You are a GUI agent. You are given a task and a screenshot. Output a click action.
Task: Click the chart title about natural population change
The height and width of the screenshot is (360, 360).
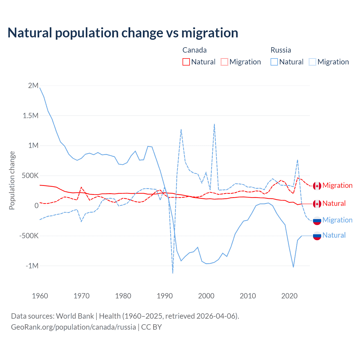coord(123,33)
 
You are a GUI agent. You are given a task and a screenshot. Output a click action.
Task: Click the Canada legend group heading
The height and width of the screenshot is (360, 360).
coord(194,50)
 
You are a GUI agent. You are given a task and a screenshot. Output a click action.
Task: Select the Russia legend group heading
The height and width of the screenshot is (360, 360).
coord(281,50)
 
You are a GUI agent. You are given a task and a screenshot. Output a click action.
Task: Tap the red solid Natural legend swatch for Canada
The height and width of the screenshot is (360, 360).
coord(186,62)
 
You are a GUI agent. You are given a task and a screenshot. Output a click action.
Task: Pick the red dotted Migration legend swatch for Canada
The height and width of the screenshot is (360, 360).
coord(224,62)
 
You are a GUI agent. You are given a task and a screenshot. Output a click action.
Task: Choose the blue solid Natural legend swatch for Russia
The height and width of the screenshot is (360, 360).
coord(274,62)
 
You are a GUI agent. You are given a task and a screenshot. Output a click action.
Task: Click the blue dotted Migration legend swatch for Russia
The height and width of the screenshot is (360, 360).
coord(312,62)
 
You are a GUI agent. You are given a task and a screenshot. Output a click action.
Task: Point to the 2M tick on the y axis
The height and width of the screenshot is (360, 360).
coord(33,85)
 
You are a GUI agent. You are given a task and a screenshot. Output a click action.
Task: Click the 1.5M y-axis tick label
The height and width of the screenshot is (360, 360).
coord(31,116)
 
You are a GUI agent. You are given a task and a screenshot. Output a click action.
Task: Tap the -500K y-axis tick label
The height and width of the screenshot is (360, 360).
coord(29,236)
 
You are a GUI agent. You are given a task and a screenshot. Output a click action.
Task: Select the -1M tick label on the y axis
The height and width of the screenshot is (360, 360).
coord(32,266)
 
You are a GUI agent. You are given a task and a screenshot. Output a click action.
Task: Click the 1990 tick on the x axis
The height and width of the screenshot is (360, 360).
coord(165,296)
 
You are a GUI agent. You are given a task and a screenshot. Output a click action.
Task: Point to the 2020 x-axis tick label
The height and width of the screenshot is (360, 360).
coord(289,296)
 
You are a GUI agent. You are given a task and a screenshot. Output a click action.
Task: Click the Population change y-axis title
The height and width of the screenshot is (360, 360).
coord(12,180)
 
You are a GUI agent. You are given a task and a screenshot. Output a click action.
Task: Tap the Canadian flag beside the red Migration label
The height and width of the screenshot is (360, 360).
coord(317,186)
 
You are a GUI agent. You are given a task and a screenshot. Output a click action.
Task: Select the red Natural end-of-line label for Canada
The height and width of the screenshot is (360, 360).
coord(334,204)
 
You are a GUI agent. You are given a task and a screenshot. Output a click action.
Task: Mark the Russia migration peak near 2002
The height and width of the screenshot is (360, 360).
coord(214,124)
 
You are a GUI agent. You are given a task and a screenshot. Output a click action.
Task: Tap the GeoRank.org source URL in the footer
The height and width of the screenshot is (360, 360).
coord(73,327)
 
